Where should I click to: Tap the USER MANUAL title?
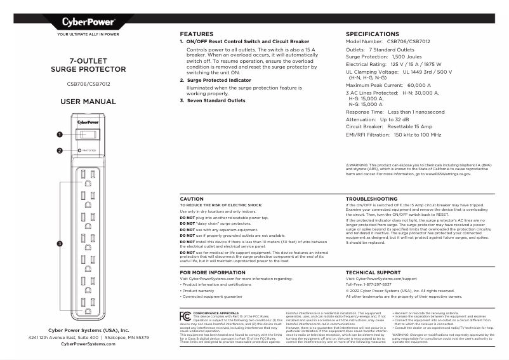[x=88, y=102]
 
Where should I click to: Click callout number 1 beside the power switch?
[x=59, y=134]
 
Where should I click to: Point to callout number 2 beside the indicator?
[x=59, y=150]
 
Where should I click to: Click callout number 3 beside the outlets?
[x=59, y=243]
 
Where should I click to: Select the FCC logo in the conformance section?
[x=185, y=316]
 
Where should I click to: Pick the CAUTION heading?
[x=192, y=199]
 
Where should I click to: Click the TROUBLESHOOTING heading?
[x=371, y=199]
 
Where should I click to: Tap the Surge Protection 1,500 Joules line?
[x=380, y=57]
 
